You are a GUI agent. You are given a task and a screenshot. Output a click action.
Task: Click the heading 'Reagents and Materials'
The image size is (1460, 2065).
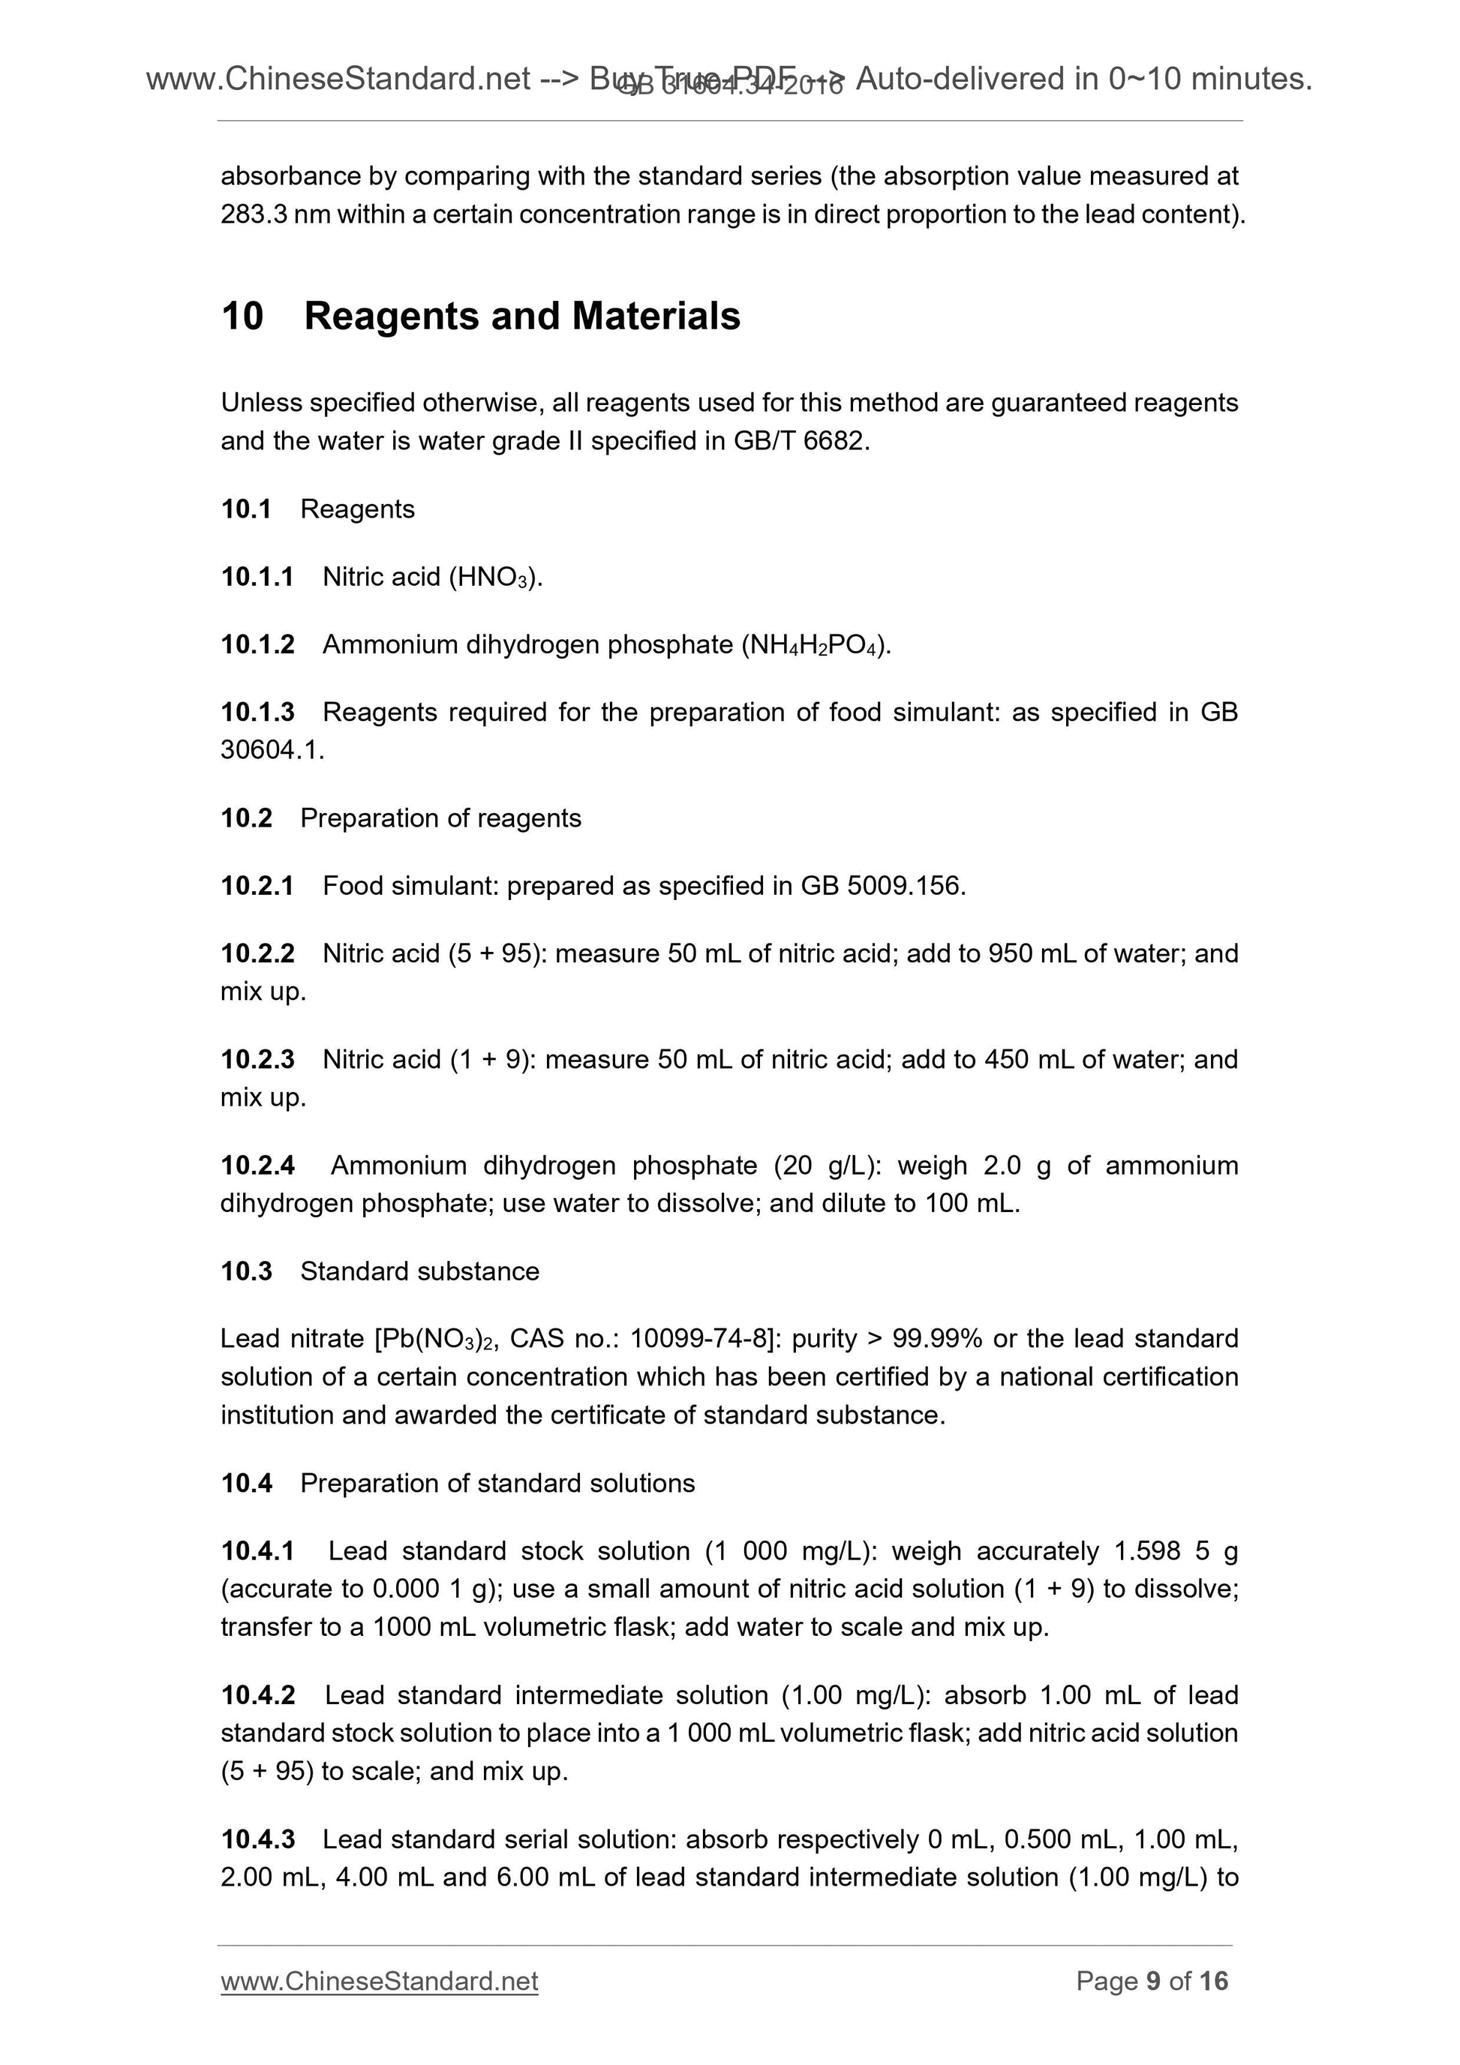click(521, 317)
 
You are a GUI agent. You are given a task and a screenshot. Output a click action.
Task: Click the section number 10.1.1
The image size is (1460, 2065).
click(257, 577)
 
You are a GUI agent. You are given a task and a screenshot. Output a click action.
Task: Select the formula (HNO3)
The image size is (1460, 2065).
click(494, 578)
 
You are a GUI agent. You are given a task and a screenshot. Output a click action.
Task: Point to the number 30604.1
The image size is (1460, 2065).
click(272, 750)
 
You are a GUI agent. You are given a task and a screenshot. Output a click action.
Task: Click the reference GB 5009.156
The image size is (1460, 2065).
click(882, 886)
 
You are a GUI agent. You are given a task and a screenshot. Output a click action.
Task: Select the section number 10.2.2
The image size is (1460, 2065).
click(257, 953)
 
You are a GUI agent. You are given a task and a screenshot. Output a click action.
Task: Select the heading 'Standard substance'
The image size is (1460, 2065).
click(419, 1271)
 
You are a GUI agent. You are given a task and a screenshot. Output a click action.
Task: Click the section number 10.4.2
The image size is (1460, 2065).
click(257, 1695)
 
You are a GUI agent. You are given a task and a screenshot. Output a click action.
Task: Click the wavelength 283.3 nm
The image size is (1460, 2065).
click(275, 215)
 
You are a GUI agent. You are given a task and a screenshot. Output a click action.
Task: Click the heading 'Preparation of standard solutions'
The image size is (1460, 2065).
click(497, 1483)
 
